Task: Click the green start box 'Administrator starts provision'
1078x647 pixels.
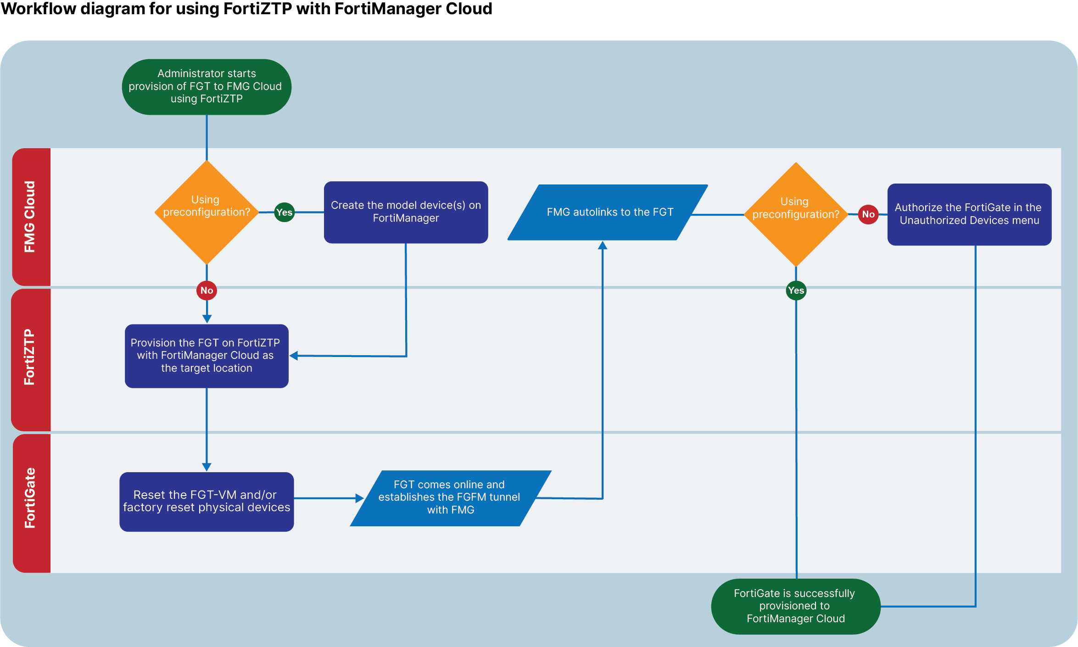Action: click(207, 87)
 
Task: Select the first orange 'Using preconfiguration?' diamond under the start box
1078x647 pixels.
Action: click(207, 212)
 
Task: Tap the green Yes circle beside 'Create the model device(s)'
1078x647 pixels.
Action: click(284, 212)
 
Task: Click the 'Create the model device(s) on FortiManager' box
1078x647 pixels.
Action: click(406, 212)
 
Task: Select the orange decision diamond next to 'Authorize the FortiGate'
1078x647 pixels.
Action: click(796, 214)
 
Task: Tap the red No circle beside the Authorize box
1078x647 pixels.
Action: click(868, 214)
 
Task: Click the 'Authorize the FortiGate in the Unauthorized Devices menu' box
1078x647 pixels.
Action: click(969, 214)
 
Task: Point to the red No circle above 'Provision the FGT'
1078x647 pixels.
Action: click(207, 290)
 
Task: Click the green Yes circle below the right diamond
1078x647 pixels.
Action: click(796, 290)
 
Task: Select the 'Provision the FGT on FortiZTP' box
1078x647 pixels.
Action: click(207, 356)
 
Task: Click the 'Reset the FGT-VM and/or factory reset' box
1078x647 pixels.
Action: click(207, 501)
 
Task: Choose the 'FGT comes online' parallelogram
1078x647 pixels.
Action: click(450, 498)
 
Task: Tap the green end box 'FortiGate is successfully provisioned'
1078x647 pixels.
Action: click(795, 606)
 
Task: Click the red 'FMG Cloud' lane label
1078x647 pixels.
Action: click(30, 217)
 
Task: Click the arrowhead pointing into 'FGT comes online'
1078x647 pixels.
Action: click(360, 498)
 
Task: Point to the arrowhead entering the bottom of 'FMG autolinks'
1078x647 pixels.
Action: click(603, 245)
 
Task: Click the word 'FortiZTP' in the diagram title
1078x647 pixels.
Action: click(257, 9)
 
